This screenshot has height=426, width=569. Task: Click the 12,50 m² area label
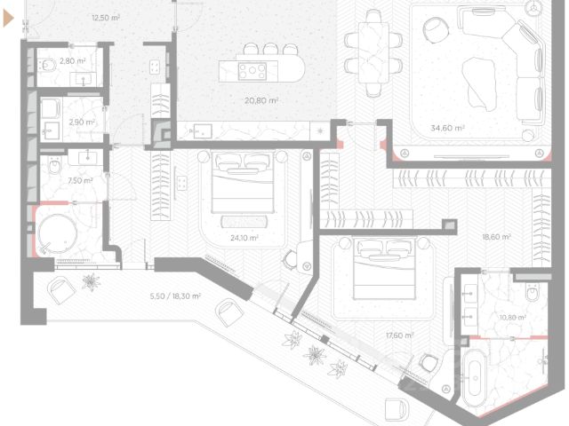(x=106, y=18)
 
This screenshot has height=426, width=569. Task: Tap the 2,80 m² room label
(x=73, y=61)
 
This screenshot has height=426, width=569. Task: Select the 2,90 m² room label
(x=82, y=122)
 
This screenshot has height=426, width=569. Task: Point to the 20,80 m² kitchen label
(x=261, y=100)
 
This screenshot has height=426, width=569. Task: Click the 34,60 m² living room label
(x=448, y=128)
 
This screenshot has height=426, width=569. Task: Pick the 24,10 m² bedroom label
(x=244, y=238)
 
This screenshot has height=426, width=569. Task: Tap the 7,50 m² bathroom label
(x=80, y=180)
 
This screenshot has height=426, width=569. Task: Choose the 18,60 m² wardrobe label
(x=496, y=237)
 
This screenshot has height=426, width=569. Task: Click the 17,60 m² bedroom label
(x=399, y=335)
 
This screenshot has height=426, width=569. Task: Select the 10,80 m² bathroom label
(x=513, y=318)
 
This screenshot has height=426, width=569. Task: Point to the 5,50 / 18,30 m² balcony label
(x=175, y=296)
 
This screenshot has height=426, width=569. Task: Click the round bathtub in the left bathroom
(x=58, y=233)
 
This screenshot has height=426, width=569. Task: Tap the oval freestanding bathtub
(x=474, y=373)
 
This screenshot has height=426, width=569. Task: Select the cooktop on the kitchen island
(x=252, y=71)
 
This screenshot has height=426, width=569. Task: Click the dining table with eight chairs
(x=373, y=53)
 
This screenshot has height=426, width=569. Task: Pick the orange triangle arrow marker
(x=8, y=19)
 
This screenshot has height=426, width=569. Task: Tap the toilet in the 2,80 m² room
(x=48, y=65)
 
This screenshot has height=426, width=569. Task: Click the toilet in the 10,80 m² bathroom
(x=533, y=292)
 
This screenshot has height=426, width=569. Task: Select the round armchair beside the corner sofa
(x=436, y=29)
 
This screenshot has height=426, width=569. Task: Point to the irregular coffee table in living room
(x=479, y=83)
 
